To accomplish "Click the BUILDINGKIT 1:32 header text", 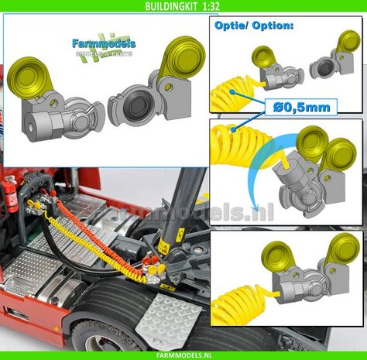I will [183, 6].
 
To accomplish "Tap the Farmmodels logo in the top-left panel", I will [102, 49].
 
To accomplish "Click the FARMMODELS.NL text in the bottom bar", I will [183, 354].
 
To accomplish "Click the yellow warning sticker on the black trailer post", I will [164, 246].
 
